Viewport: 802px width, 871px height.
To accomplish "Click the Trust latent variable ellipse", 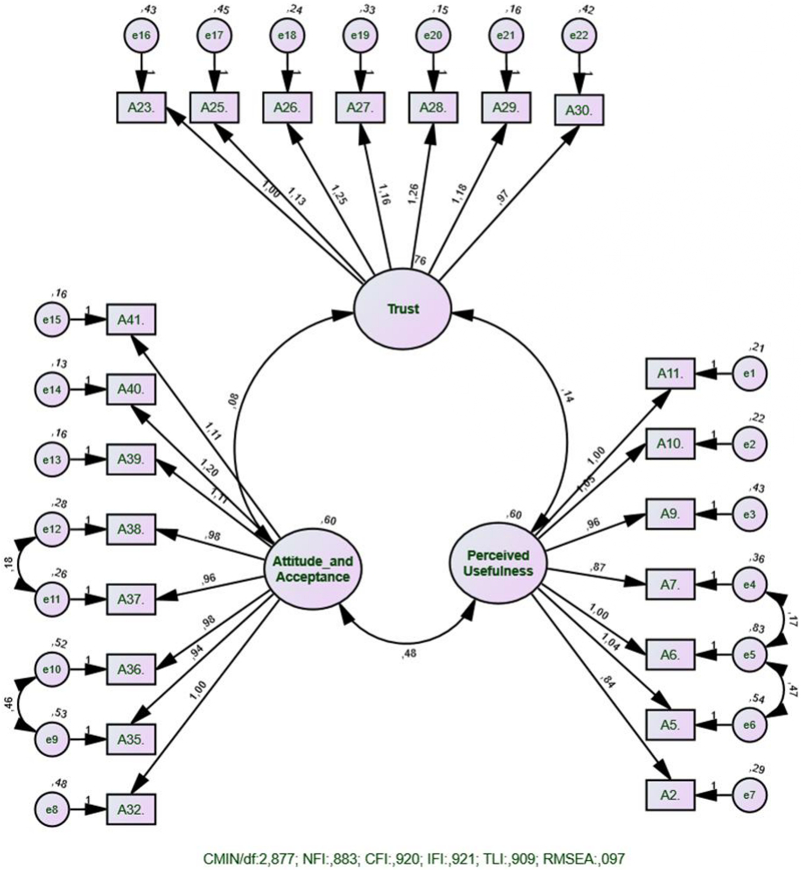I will point(403,309).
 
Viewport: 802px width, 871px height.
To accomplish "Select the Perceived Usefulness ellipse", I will point(498,563).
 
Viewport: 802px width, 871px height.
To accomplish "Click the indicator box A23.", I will point(141,108).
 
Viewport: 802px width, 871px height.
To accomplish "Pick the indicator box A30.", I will point(579,110).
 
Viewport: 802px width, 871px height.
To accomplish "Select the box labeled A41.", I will point(131,320).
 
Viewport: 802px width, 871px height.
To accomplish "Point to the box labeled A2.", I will point(670,795).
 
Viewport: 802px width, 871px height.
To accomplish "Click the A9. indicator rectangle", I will point(670,514).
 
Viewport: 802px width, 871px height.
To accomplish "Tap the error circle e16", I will point(141,36).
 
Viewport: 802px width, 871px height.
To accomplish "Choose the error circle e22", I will point(579,36).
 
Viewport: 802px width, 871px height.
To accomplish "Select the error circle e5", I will point(749,654).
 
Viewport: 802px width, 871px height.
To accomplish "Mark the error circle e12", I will point(52,529).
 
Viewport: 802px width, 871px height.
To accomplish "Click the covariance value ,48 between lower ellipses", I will point(409,654).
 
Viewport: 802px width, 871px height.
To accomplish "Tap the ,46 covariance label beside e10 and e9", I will point(8,704).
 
